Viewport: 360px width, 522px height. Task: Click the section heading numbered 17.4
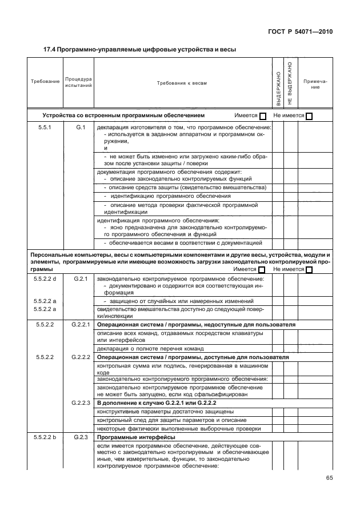140,49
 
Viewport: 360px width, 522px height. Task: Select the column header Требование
45,82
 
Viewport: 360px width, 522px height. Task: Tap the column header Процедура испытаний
78,82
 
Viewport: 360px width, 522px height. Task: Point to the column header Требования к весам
182,83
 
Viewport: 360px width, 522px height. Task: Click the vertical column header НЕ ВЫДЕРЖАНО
290,83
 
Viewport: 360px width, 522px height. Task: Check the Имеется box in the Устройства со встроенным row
263,116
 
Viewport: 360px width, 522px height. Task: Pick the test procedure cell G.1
80,127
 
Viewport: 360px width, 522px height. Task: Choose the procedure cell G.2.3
80,437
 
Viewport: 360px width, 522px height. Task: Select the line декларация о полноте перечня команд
150,348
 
